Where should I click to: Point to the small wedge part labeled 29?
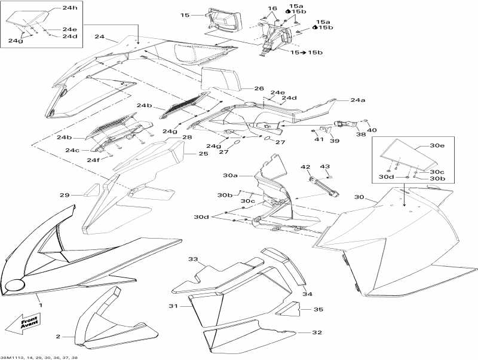(91, 191)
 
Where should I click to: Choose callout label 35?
(318, 310)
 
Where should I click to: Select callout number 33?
(193, 260)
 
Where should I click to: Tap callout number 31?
(173, 306)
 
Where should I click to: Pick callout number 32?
(317, 332)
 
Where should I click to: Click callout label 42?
(305, 167)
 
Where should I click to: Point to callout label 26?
(259, 89)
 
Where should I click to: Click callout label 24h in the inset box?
(70, 8)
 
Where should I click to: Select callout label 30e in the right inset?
(438, 145)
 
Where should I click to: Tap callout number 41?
(319, 139)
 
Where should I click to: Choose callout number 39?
(334, 141)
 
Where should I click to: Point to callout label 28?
(187, 138)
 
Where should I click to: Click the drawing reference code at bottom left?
(39, 357)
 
